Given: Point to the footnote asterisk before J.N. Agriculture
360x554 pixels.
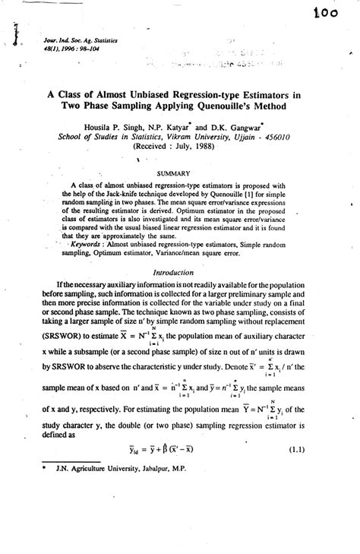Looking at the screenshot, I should [x=39, y=468].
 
